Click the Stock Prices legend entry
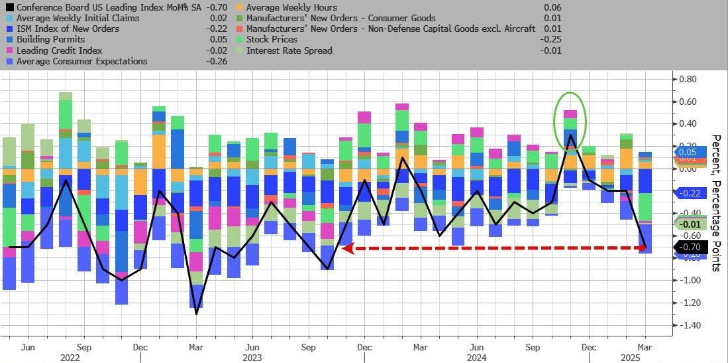point(272,40)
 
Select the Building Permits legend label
point(50,40)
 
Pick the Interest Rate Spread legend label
point(289,50)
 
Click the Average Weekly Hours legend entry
point(292,7)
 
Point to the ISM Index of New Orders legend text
point(68,29)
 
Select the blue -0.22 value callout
point(690,192)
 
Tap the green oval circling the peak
point(570,93)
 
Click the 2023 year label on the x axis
point(252,358)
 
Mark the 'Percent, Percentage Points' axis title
point(716,202)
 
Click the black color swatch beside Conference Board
point(9,7)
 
